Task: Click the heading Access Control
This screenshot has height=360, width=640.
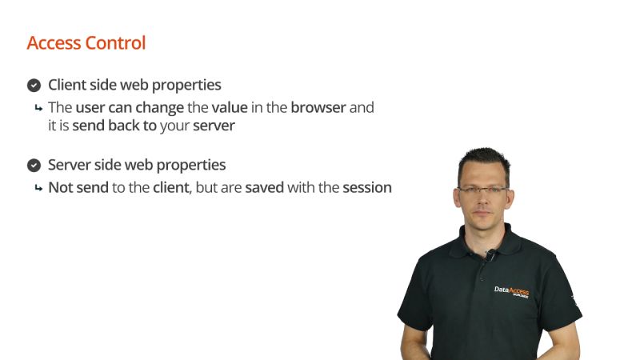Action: pos(86,43)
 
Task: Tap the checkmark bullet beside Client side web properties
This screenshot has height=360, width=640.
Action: pos(34,86)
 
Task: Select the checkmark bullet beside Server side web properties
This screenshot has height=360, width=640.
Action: pos(34,166)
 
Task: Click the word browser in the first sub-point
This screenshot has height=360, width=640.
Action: pos(318,107)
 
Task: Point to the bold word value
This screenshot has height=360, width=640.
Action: pos(230,107)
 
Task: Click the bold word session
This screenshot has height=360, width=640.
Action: pos(367,188)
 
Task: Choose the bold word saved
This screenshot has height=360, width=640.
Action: pos(264,188)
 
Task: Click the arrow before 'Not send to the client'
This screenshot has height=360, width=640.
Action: pos(38,189)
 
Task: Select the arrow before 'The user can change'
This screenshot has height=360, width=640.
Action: pos(38,108)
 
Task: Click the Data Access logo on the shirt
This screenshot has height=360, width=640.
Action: pos(511,291)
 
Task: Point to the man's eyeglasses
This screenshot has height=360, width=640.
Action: pos(483,190)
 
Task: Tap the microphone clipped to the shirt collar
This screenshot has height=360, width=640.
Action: pos(490,256)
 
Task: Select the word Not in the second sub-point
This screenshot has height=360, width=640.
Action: pos(61,188)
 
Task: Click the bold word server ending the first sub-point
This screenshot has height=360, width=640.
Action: pos(214,126)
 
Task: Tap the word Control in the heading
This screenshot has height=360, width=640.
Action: pos(116,43)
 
